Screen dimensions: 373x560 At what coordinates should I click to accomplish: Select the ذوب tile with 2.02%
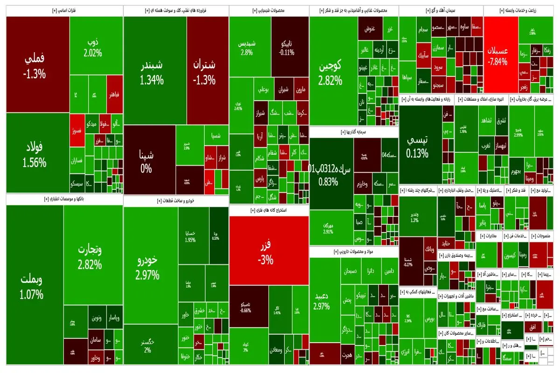[92, 47]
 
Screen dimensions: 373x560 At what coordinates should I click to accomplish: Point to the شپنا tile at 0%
[146, 161]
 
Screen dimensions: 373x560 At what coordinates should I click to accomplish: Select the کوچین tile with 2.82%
[330, 72]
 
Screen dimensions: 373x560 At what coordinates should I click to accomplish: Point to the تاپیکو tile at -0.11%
[286, 47]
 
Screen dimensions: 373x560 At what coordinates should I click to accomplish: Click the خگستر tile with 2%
[147, 345]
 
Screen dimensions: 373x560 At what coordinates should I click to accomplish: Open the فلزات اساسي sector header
[65, 11]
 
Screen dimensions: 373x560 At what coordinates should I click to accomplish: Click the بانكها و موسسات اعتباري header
[65, 199]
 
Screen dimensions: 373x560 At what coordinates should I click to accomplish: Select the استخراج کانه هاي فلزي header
[269, 210]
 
